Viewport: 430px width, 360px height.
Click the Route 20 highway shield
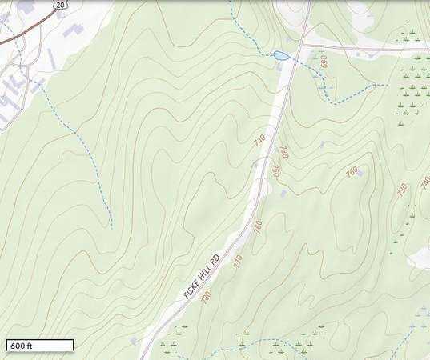pos(62,5)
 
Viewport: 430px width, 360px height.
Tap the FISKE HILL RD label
pos(202,276)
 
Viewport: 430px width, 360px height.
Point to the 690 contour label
pos(324,62)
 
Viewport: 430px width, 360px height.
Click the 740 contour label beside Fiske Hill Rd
pos(259,139)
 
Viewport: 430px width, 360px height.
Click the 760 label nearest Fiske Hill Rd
pos(258,226)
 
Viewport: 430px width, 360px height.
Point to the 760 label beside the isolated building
pos(352,172)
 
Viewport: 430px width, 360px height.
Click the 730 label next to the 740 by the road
pos(283,152)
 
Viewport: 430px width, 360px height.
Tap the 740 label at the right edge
pos(424,183)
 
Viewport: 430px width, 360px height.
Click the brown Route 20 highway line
pos(24,30)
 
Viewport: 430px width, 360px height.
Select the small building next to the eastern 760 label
pos(360,171)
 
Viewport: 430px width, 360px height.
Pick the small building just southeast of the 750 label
pos(283,193)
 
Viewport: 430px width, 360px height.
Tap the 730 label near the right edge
pos(402,190)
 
